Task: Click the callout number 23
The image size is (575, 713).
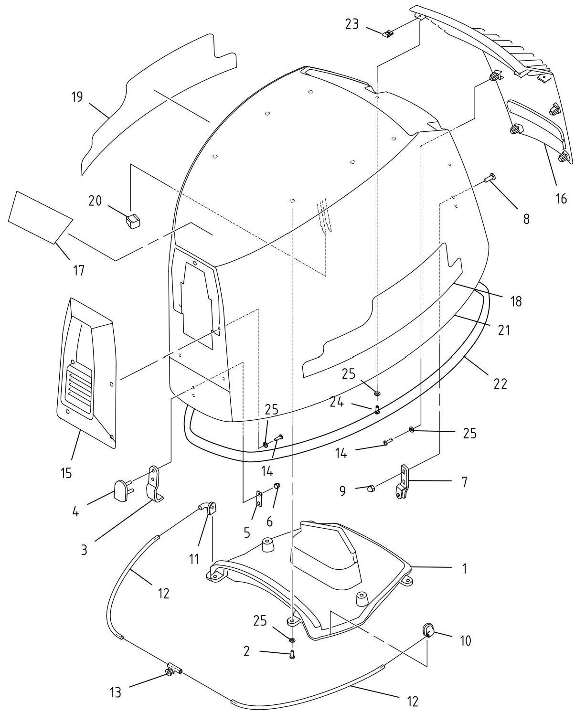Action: pos(351,24)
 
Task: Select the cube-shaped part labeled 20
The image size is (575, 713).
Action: pos(132,221)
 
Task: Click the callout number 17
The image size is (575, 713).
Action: pos(78,271)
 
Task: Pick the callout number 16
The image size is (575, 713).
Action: pos(561,199)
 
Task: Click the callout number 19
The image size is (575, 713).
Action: pos(77,97)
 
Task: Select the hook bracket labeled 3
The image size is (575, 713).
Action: pos(155,484)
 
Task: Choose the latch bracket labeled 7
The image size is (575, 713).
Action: pos(404,482)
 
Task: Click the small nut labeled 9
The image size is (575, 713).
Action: pos(371,488)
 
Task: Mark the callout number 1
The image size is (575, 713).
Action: pos(464,568)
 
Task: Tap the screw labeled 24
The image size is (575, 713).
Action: pos(377,410)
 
